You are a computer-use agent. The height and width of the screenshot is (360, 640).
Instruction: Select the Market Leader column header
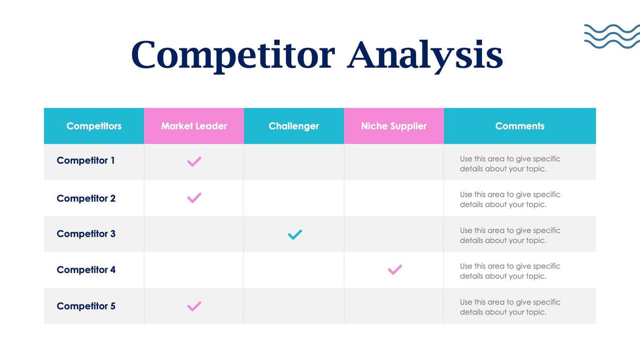point(194,125)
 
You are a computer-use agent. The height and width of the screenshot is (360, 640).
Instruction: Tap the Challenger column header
point(294,125)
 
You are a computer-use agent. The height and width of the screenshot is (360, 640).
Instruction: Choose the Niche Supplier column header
point(394,125)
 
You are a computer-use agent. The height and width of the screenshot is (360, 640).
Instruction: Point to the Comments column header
point(520,125)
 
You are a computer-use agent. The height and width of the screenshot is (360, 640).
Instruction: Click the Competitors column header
point(94,125)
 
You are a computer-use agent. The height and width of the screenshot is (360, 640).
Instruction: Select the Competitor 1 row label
point(86,161)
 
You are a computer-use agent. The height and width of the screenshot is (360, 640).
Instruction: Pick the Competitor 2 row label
point(86,199)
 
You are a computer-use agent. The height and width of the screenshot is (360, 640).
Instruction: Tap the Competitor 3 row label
point(86,234)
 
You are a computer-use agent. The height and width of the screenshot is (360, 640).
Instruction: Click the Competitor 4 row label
point(86,270)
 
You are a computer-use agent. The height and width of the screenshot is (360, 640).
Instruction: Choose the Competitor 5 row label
point(86,306)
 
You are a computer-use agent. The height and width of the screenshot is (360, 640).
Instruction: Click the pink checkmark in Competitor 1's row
point(194,162)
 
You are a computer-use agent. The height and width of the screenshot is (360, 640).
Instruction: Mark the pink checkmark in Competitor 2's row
point(194,198)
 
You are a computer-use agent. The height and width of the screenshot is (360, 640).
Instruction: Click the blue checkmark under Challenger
point(295,235)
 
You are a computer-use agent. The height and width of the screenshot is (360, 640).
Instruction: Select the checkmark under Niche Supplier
point(394,270)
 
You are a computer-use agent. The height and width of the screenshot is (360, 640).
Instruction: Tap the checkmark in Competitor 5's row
point(194,306)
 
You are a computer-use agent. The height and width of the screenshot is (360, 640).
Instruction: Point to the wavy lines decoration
point(612,37)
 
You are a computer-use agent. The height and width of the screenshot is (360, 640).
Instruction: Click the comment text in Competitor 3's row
point(510,235)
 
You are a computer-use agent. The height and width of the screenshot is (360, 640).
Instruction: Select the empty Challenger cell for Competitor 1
point(294,162)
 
